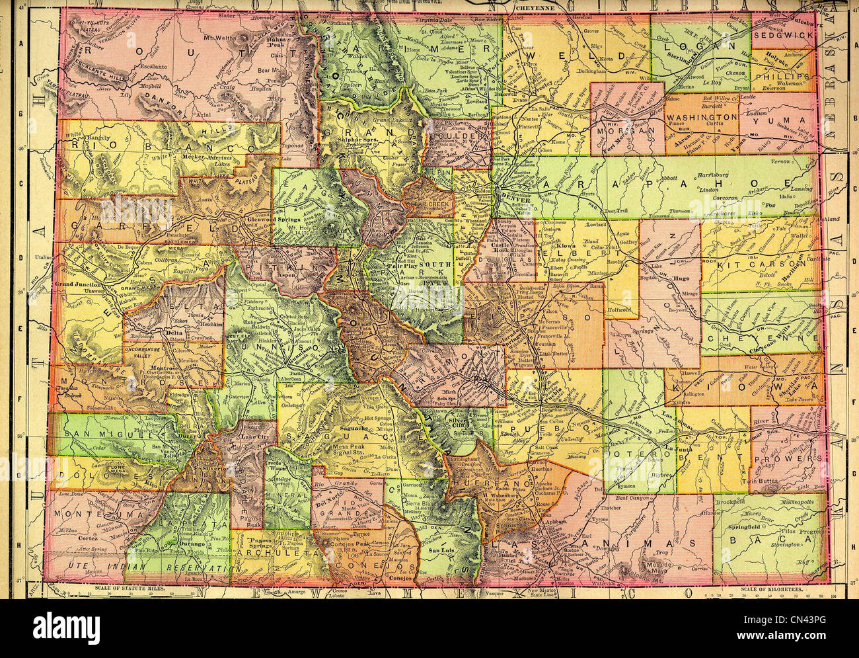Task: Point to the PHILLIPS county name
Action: point(786,76)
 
